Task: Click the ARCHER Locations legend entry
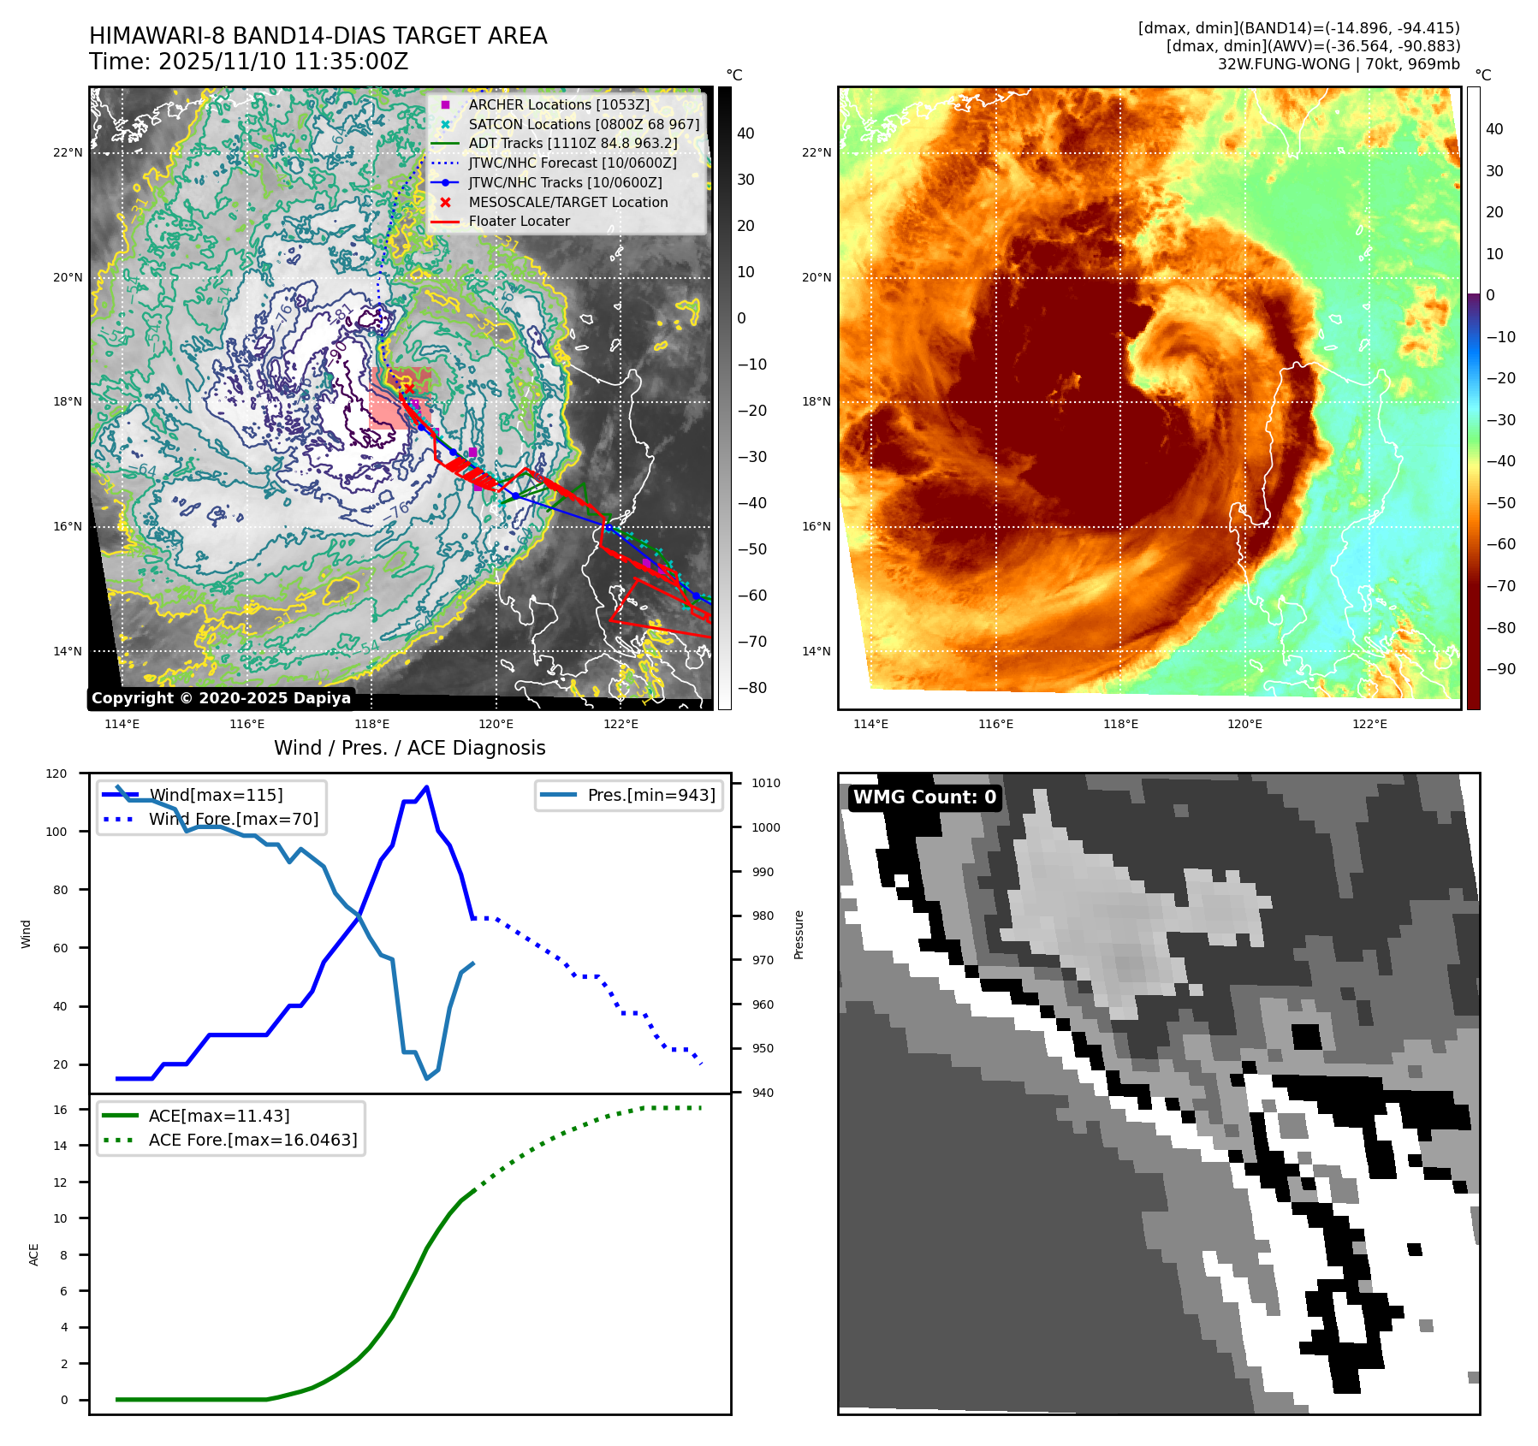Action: [559, 104]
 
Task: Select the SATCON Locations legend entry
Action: [584, 124]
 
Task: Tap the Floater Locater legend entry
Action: [519, 221]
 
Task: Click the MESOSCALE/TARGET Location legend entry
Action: [567, 202]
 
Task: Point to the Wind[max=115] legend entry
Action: [216, 795]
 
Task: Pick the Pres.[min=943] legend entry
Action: [651, 795]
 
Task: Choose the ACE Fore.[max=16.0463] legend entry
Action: [252, 1140]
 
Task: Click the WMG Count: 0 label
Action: [924, 797]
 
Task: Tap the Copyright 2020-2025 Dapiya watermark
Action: [221, 698]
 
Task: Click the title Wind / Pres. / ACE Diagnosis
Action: [409, 748]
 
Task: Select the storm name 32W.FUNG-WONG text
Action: [1283, 64]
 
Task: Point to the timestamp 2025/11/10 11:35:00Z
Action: [283, 62]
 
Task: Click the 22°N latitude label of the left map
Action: [68, 153]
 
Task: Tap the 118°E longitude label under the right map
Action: [1120, 725]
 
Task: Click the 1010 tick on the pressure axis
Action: [766, 783]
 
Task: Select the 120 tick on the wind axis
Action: [56, 773]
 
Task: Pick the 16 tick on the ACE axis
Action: [61, 1110]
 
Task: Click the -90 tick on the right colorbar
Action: [1500, 669]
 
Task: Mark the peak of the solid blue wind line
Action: [426, 787]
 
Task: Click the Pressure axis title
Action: [799, 934]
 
